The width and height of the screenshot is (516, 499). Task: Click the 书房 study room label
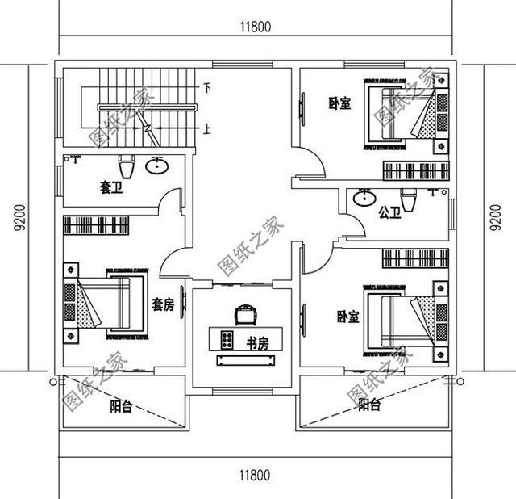tap(257, 342)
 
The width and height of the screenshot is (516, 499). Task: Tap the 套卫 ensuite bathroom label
tap(110, 188)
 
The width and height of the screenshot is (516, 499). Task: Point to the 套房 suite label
tap(164, 304)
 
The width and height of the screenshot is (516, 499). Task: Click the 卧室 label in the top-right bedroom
tap(339, 103)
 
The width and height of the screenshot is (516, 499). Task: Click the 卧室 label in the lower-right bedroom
tap(347, 317)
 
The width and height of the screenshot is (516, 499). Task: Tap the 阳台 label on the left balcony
tap(121, 406)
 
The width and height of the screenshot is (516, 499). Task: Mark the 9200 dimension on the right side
tap(493, 217)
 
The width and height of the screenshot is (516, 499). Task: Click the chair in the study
tap(244, 312)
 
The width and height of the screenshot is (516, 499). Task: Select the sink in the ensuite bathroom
tap(156, 167)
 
